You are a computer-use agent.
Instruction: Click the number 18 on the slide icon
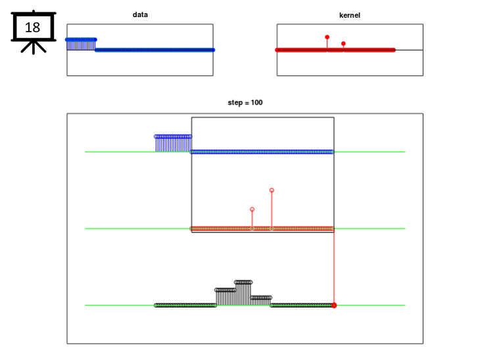[x=32, y=28]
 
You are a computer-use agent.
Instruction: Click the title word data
[x=140, y=14]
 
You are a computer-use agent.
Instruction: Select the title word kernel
[x=350, y=15]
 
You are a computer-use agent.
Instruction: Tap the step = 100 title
[x=245, y=102]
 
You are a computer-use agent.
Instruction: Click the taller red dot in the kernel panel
[x=327, y=37]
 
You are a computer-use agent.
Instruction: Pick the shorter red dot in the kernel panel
[x=343, y=43]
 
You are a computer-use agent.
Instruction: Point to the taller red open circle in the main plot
[x=272, y=190]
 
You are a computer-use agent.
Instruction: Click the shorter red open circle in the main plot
[x=252, y=210]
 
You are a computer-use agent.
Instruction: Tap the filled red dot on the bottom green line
[x=334, y=305]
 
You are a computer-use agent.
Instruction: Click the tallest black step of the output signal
[x=243, y=293]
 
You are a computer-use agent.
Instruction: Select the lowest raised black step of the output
[x=260, y=301]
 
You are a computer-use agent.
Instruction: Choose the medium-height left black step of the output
[x=226, y=297]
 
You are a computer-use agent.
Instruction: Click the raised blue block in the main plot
[x=173, y=144]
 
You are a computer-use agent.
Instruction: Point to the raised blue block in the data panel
[x=81, y=44]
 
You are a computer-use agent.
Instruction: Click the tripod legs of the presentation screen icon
[x=34, y=47]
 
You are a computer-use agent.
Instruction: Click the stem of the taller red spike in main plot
[x=272, y=210]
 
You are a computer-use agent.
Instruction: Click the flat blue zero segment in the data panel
[x=155, y=50]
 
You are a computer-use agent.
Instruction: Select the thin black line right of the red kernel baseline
[x=409, y=50]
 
